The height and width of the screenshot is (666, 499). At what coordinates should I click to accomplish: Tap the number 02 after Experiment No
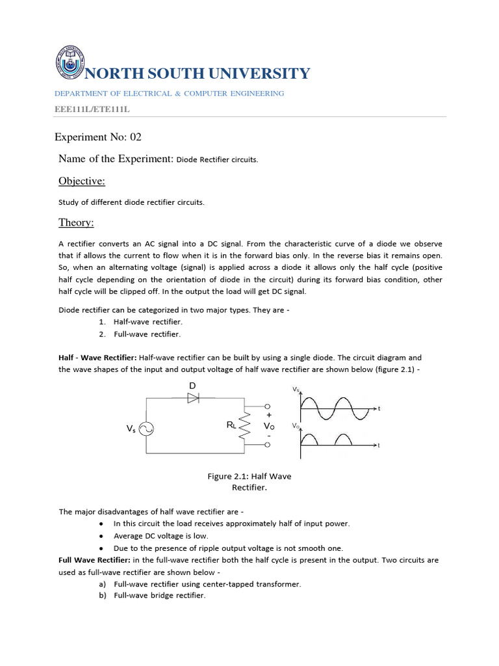(135, 137)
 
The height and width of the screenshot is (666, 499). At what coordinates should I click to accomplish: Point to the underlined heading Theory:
(77, 223)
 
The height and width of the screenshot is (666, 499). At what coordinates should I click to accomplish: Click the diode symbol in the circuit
(193, 399)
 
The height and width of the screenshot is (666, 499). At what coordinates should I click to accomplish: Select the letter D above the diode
(192, 386)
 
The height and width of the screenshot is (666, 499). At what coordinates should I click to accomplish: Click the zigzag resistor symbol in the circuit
(246, 426)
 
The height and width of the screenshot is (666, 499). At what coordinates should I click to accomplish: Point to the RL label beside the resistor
(231, 425)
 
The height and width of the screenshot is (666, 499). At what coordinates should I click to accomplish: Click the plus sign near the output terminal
(269, 414)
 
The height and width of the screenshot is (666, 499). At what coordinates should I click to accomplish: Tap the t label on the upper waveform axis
(379, 408)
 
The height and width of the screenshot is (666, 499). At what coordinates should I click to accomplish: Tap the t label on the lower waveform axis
(379, 446)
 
